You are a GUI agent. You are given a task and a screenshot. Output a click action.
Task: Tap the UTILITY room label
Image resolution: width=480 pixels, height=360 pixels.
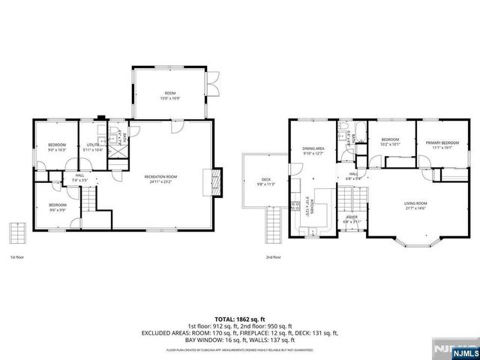93,147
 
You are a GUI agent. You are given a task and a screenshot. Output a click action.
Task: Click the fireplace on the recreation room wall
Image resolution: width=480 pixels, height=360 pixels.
216,179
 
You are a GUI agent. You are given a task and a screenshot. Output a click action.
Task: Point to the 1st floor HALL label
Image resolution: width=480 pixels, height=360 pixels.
79,178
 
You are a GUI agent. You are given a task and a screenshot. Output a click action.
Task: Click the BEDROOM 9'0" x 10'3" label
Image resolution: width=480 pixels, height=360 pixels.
57,147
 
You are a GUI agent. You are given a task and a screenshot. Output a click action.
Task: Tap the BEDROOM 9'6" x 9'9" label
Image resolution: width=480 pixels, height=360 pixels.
58,207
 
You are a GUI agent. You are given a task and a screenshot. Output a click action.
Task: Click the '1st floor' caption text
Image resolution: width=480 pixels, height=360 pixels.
17,257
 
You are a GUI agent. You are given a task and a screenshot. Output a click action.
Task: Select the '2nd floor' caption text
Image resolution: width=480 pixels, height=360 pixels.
273,257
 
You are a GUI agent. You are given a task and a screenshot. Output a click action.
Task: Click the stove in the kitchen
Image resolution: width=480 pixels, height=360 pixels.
295,208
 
